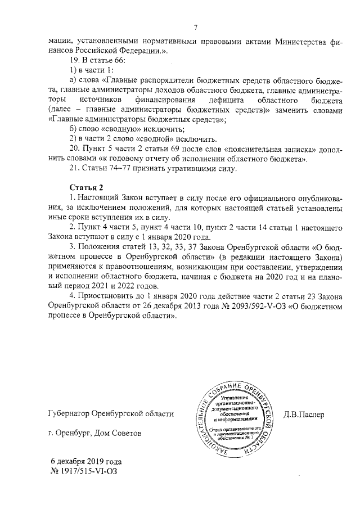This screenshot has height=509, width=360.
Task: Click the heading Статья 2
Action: [x=87, y=187]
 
